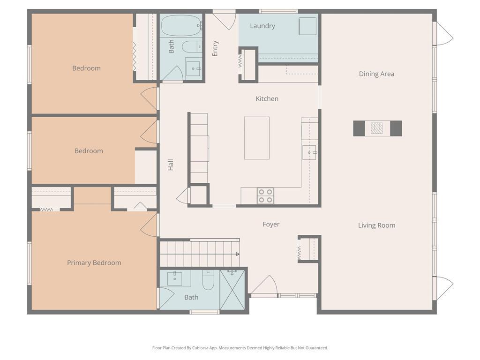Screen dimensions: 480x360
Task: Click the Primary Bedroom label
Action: pos(94,263)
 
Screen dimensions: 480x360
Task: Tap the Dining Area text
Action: pos(376,74)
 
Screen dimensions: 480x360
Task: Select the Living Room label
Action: pos(376,225)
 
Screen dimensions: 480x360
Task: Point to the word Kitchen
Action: pos(267,98)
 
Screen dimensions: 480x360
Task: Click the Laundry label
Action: pos(262,26)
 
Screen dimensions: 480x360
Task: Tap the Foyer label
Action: pos(271,225)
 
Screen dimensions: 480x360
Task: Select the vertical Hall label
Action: pos(171,165)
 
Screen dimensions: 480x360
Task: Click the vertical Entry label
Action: pos(215,48)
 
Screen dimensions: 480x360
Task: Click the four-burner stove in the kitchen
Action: pos(265,196)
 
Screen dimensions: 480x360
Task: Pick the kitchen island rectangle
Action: pos(256,138)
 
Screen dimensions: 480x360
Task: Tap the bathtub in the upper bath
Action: pos(181,26)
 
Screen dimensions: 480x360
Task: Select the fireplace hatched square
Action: pos(376,128)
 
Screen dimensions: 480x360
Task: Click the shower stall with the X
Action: pos(232,290)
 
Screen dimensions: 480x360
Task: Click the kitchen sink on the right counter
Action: pos(310,152)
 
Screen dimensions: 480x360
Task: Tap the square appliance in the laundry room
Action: pos(307,26)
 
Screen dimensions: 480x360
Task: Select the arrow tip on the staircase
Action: pos(239,254)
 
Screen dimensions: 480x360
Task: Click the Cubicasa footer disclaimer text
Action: pos(240,348)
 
